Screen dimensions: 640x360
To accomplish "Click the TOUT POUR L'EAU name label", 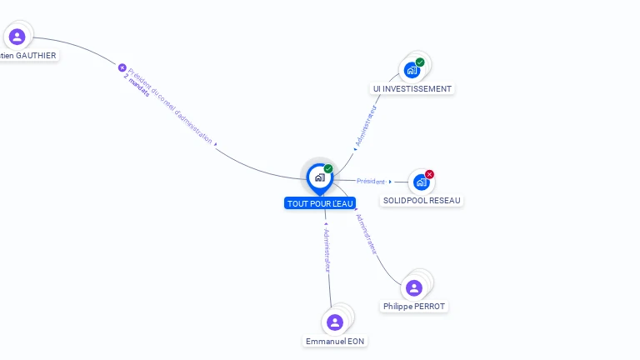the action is [320, 203].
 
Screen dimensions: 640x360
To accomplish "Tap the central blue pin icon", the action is [319, 177].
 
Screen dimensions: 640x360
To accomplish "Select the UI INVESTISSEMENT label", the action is [412, 88].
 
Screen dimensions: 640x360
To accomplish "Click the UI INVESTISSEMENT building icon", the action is [412, 70].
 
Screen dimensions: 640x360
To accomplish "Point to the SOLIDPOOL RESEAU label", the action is [422, 200].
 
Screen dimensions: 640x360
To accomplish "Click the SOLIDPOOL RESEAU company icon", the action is [421, 182].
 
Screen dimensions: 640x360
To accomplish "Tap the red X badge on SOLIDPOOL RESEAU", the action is [430, 174].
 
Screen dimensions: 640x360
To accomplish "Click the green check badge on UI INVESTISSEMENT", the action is [420, 62].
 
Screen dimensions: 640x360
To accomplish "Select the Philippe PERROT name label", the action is [414, 306].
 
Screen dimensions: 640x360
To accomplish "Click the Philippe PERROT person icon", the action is [414, 287].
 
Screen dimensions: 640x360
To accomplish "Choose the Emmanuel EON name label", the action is [335, 341].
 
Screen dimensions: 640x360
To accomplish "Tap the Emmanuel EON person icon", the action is [335, 322].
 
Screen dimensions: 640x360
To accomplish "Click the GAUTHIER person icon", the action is [17, 37].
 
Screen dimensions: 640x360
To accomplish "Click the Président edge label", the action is [371, 181].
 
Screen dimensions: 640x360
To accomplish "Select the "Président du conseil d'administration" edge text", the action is [171, 105].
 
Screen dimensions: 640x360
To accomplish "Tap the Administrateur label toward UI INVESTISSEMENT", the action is [366, 125].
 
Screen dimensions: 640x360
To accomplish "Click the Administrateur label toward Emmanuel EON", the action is [327, 250].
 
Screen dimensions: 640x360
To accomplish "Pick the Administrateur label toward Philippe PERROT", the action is [366, 232].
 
